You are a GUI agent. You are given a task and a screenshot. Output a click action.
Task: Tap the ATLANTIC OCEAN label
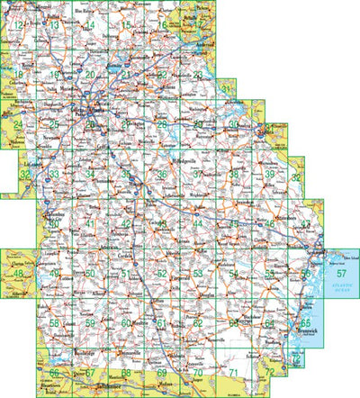[340, 288]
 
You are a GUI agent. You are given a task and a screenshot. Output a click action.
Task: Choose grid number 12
[18, 25]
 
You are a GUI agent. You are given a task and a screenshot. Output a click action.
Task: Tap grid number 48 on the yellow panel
[16, 273]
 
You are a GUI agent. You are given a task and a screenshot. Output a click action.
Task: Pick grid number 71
[232, 371]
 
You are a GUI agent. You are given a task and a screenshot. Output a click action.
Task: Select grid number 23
[197, 75]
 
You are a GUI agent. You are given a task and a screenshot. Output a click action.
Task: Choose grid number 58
[54, 322]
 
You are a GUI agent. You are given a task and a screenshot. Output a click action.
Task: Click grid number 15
[128, 25]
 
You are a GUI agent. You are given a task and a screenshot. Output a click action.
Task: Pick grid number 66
[54, 372]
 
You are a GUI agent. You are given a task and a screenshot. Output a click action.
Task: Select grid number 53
[197, 273]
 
